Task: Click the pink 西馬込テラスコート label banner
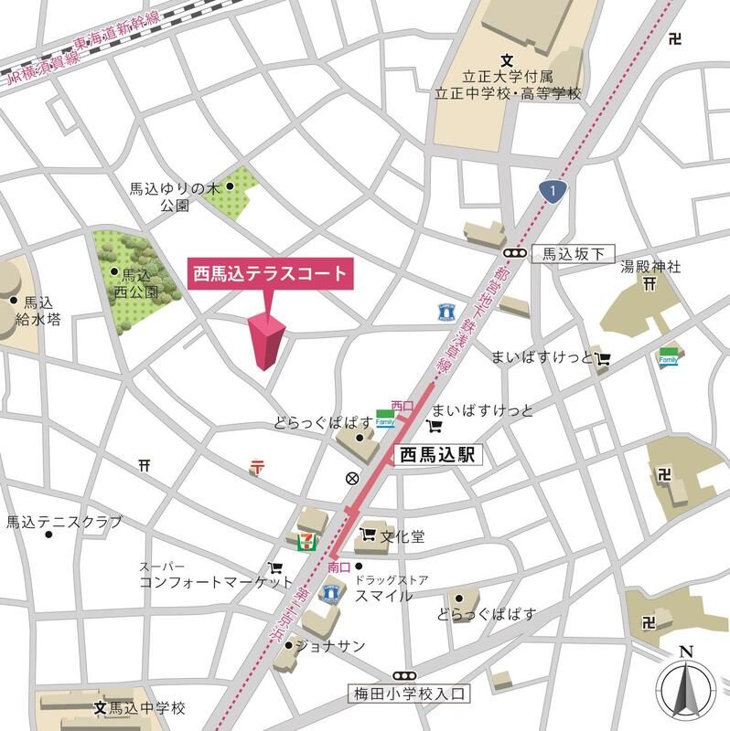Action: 269,273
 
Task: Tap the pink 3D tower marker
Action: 265,342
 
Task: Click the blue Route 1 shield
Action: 552,190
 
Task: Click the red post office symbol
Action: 257,467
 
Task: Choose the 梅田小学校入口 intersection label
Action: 408,694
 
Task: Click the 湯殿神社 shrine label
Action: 651,267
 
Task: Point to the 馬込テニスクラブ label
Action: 63,522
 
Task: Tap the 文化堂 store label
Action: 403,536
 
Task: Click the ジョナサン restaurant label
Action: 336,646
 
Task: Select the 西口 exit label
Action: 402,404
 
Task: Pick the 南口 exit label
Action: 338,568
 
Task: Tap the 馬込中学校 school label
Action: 147,708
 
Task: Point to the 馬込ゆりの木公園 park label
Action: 174,196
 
